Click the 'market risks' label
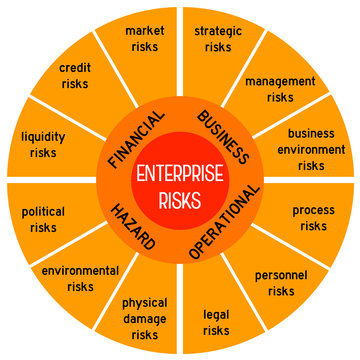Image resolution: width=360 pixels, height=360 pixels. click(145, 38)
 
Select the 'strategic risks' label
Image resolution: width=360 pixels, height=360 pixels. click(217, 38)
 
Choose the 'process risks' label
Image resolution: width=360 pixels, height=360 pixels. click(313, 218)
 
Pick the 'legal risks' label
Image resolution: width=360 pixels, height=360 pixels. click(216, 322)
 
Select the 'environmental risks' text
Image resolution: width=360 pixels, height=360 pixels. click(80, 278)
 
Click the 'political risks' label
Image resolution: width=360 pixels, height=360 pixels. click(44, 220)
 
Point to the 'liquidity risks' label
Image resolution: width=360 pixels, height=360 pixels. click(44, 144)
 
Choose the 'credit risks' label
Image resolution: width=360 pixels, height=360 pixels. click(76, 76)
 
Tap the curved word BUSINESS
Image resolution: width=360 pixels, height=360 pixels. click(223, 136)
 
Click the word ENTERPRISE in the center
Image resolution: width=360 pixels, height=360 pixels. click(181, 170)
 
